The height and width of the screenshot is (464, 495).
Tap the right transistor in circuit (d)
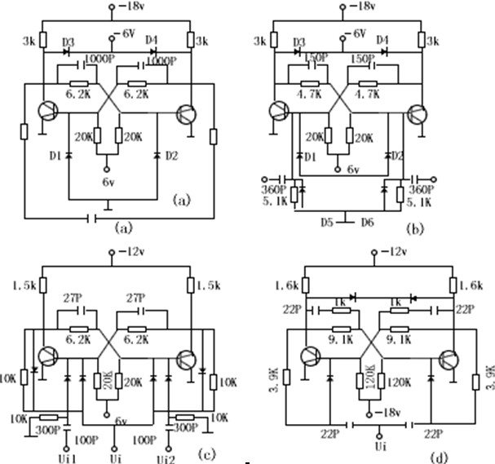(x=450, y=358)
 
